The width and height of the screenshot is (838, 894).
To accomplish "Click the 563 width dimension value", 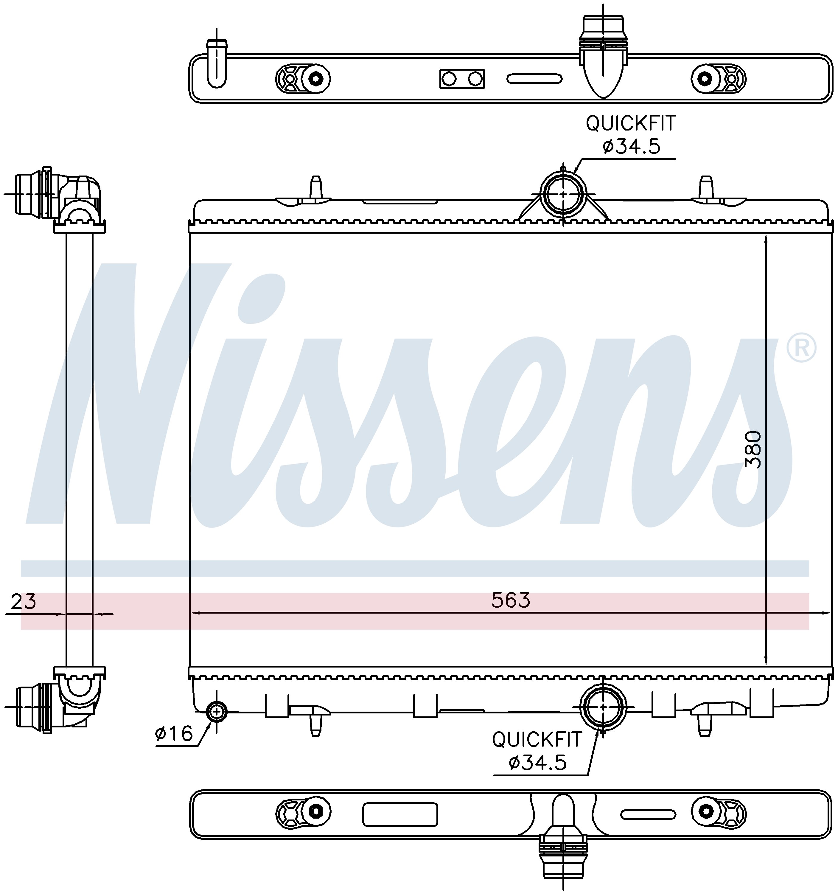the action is point(511,600).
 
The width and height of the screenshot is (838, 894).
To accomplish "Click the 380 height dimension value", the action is point(753,450).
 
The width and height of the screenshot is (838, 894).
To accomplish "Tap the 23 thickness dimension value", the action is point(23,601).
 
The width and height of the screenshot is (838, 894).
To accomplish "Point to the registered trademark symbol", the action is point(801,347).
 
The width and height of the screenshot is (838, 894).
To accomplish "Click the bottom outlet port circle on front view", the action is point(603,707).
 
